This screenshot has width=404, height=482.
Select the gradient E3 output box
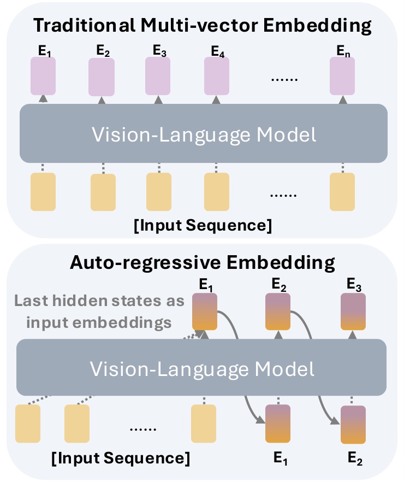click(x=353, y=311)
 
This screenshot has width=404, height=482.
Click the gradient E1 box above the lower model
click(x=205, y=311)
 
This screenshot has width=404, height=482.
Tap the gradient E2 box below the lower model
click(x=353, y=425)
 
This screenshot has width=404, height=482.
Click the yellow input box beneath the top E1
click(x=44, y=192)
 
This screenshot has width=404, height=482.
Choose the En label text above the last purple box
click(x=342, y=52)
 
